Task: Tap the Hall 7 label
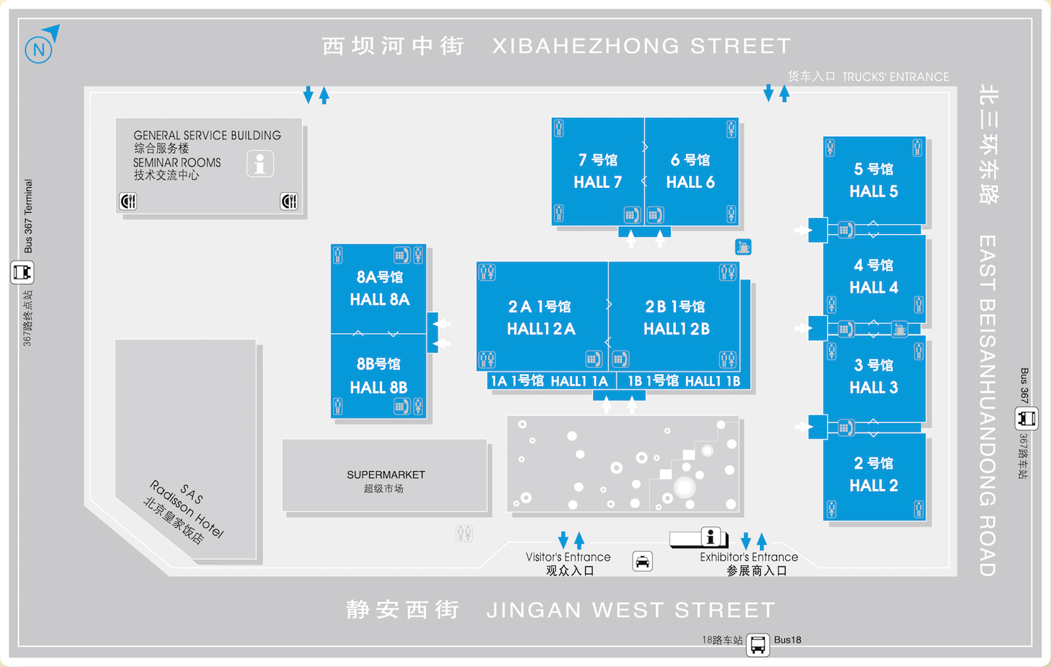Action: (x=598, y=172)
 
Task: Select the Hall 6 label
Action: (x=690, y=172)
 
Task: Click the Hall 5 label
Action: (x=874, y=181)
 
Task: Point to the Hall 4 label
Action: (x=874, y=277)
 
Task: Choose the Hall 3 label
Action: (x=874, y=377)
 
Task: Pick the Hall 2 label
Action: (x=874, y=474)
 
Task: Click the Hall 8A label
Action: (x=380, y=288)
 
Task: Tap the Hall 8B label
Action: (x=379, y=376)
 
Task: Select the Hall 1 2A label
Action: (x=541, y=318)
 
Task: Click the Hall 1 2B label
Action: (x=676, y=318)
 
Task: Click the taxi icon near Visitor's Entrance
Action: (x=642, y=561)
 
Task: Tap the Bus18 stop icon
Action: (x=757, y=645)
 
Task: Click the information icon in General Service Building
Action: (x=260, y=164)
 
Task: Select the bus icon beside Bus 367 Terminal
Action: (x=22, y=271)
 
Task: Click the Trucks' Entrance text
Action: (x=895, y=77)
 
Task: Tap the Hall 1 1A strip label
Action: (x=549, y=381)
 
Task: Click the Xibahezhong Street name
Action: (x=641, y=46)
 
